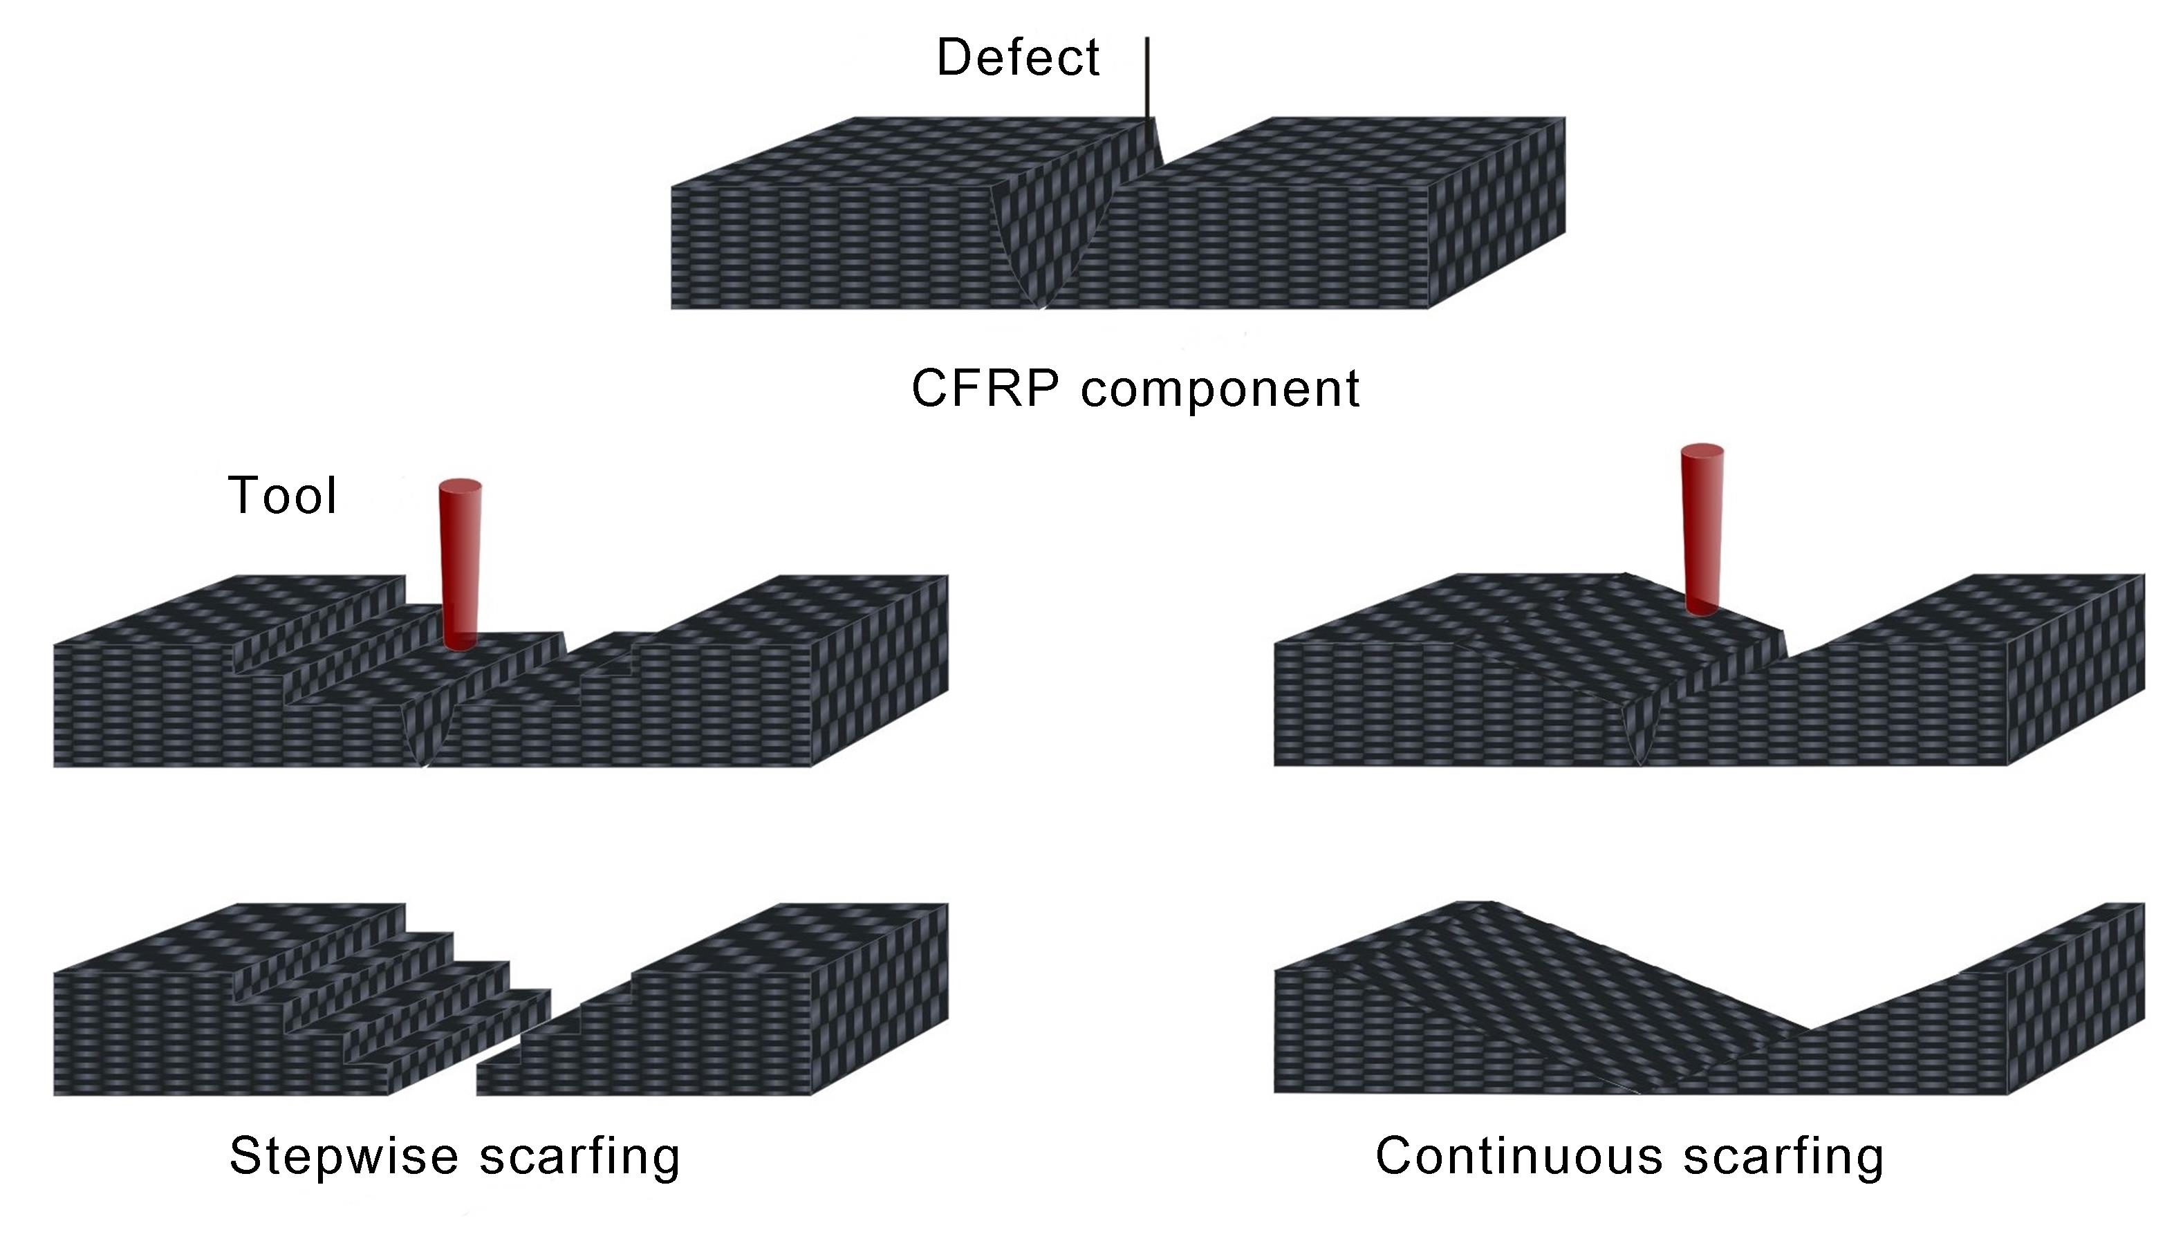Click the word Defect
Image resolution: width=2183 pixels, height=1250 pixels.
pyautogui.click(x=1017, y=58)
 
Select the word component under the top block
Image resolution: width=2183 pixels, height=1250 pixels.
pyautogui.click(x=1220, y=389)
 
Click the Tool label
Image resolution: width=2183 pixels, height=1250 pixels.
pyautogui.click(x=282, y=496)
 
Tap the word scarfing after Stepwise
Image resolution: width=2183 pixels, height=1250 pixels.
pyautogui.click(x=579, y=1157)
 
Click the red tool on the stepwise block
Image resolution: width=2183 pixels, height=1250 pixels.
pyautogui.click(x=460, y=567)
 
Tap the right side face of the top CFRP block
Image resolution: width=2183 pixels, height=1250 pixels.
pyautogui.click(x=1498, y=214)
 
